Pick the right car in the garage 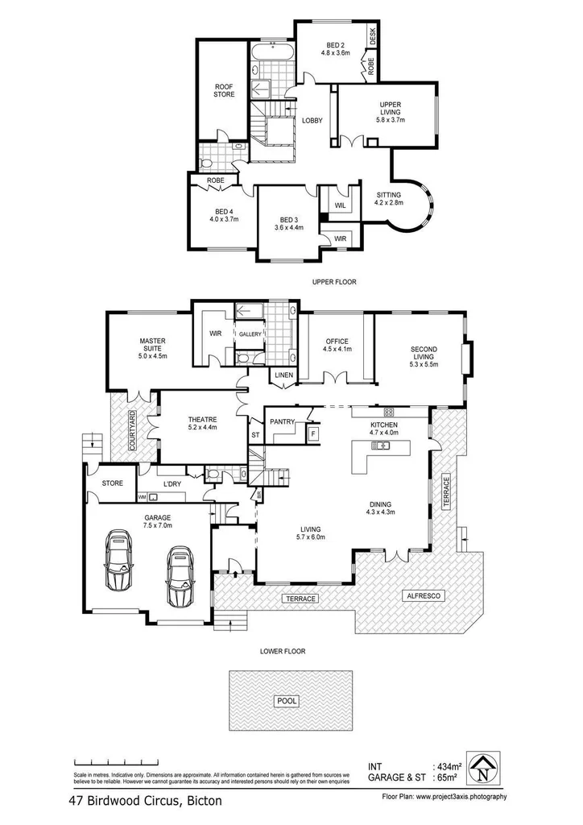point(180,576)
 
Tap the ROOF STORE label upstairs point(224,90)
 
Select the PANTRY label point(282,421)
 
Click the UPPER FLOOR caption point(334,282)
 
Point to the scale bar point(129,761)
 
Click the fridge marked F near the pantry point(314,433)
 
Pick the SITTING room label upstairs point(389,198)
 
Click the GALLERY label point(246,334)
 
